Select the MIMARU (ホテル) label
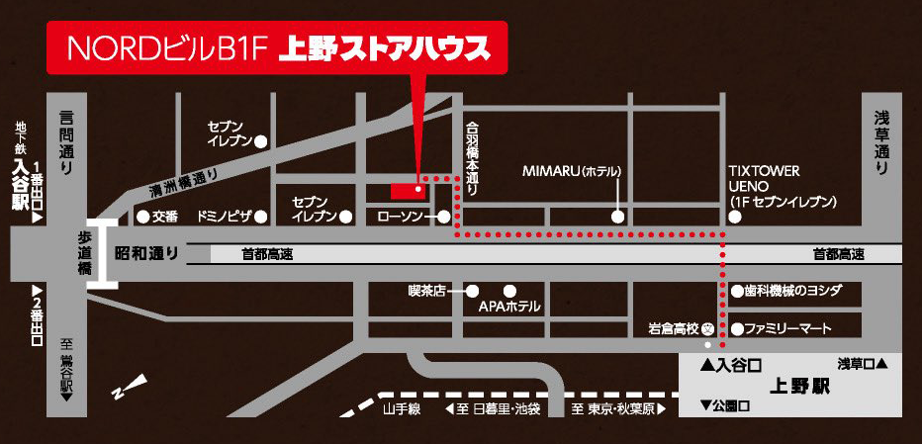click(572, 171)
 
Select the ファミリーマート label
click(788, 328)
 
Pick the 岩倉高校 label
click(674, 328)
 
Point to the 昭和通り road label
click(147, 254)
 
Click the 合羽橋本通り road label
click(473, 158)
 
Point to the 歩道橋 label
click(86, 253)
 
